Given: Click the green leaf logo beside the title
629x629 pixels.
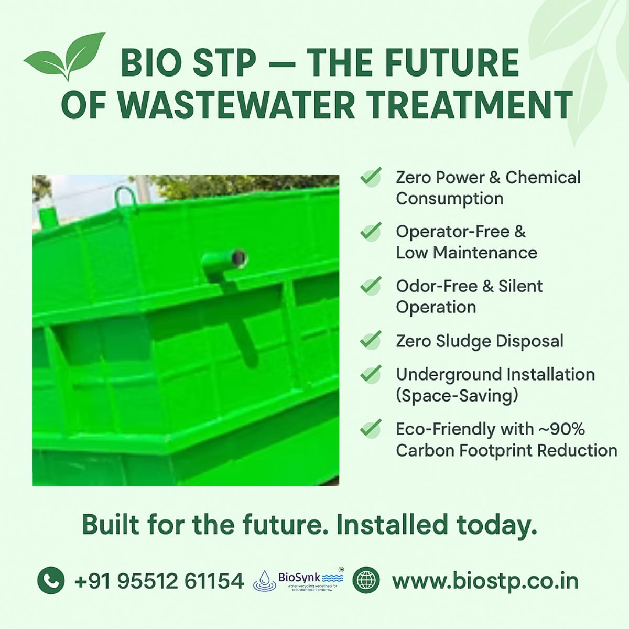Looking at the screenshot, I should (x=65, y=57).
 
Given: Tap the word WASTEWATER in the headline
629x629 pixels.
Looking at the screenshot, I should (x=236, y=105).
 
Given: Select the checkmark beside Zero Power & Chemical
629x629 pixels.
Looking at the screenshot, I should (x=371, y=177).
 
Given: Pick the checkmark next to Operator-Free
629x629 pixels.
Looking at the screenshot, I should (x=371, y=231).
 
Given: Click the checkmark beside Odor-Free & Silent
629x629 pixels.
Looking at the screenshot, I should (x=371, y=286).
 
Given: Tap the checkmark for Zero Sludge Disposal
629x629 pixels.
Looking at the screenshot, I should (x=371, y=341).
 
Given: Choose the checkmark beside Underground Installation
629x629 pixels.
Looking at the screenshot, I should (x=371, y=374).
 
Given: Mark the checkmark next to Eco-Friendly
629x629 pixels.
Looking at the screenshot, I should (x=371, y=429).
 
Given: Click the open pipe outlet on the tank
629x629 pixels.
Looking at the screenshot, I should (x=238, y=257).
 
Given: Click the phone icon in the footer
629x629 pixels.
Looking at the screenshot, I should (x=51, y=581).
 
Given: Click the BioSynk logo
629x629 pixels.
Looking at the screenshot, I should (x=299, y=580).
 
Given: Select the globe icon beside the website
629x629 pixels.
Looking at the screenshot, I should (x=365, y=580).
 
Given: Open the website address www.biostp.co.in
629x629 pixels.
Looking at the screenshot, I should (x=485, y=581).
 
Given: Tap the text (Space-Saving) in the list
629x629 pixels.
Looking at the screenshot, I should (x=457, y=396).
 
